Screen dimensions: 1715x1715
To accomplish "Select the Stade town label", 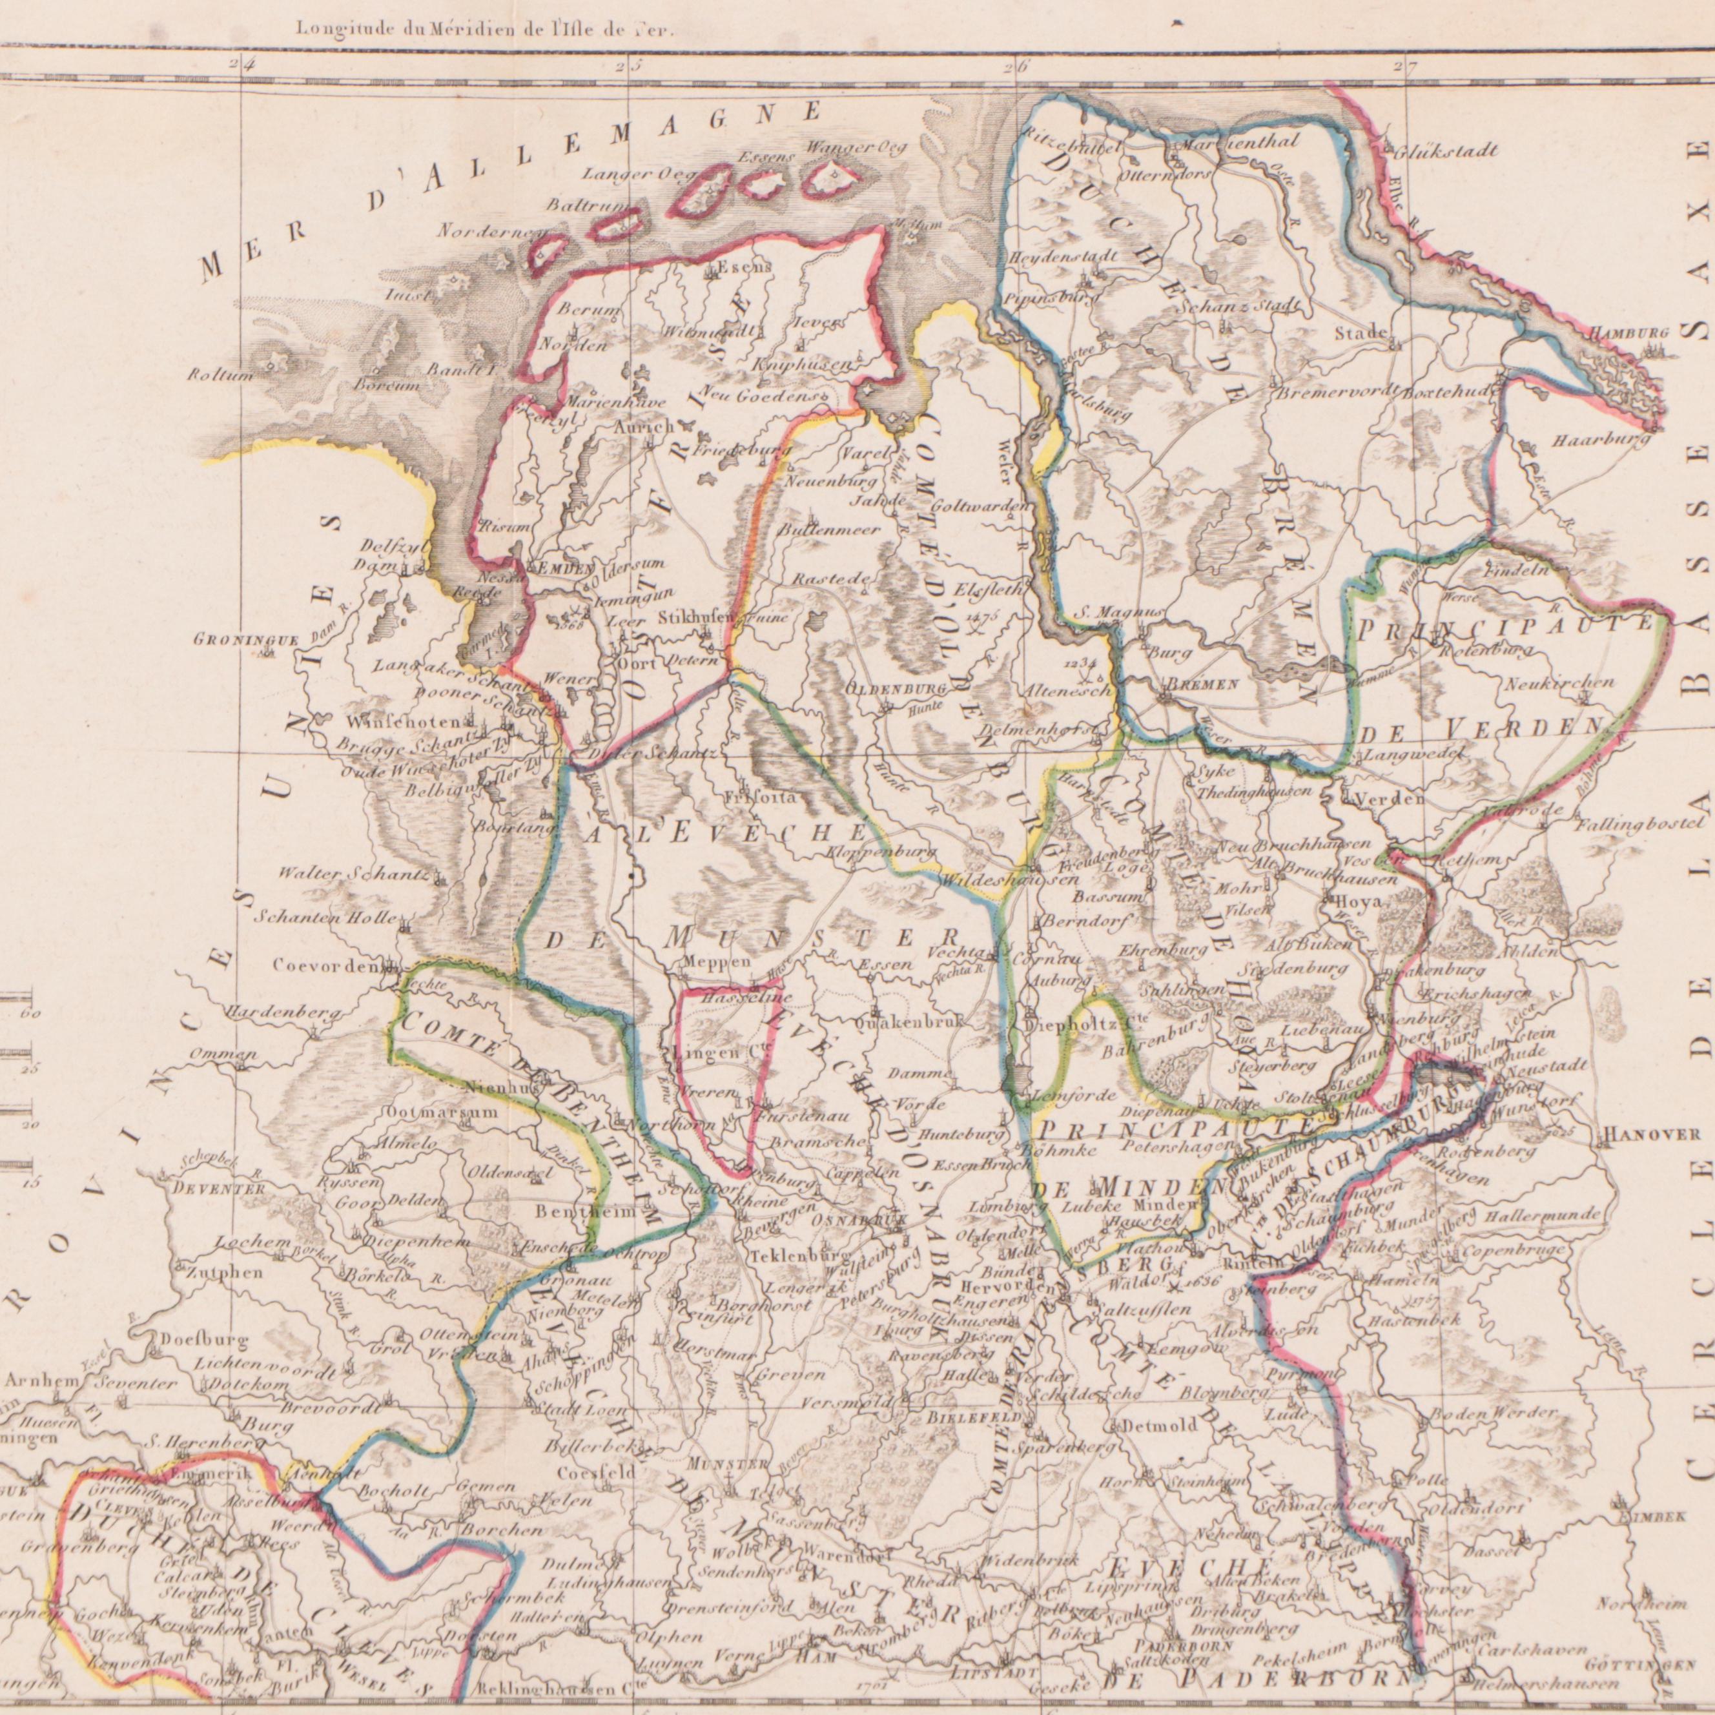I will point(1361,333).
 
